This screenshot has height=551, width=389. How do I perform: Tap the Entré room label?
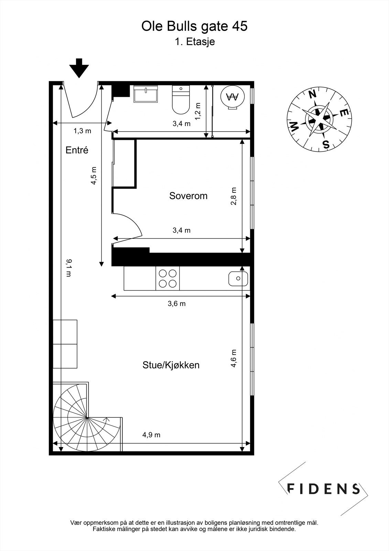[x=77, y=150]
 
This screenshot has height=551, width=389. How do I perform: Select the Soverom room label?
[x=188, y=196]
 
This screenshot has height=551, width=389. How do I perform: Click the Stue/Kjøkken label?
[x=171, y=365]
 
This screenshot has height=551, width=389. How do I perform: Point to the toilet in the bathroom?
[x=181, y=101]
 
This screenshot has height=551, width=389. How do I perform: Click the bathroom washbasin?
[x=146, y=94]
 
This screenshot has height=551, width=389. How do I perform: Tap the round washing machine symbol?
[x=234, y=97]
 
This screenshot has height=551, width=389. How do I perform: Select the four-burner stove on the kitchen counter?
[x=168, y=279]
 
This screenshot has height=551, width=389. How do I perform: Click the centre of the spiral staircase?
[x=87, y=417]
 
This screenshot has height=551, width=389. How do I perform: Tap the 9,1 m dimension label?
[x=69, y=268]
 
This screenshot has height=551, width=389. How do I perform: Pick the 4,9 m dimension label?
[x=151, y=435]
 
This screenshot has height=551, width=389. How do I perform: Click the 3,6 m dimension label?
[x=176, y=303]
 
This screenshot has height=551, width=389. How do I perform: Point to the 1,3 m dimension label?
[x=83, y=131]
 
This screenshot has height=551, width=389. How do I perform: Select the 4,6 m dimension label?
[x=234, y=358]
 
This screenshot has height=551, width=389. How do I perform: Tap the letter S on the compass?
[x=326, y=144]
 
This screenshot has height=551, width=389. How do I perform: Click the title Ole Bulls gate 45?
[x=194, y=26]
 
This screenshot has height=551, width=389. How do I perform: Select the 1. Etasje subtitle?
[x=195, y=42]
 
